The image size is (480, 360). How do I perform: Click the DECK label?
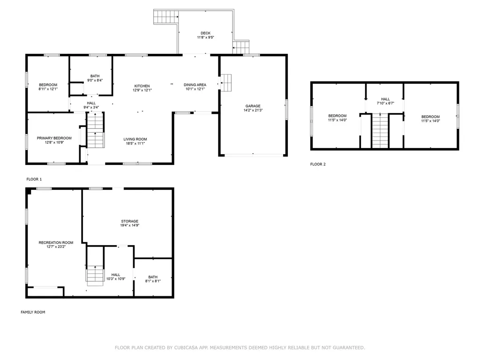click(x=205, y=33)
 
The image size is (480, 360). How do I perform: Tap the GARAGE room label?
click(x=253, y=106)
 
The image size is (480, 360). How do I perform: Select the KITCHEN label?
click(x=142, y=86)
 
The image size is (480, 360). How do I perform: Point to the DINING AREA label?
click(x=195, y=85)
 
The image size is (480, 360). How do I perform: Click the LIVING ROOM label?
click(x=135, y=139)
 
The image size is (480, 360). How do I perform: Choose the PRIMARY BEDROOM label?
click(x=54, y=138)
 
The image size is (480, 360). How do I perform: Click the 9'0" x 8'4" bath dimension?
click(x=95, y=80)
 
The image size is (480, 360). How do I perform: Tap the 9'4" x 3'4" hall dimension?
click(x=91, y=107)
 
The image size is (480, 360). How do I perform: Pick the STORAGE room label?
click(x=130, y=221)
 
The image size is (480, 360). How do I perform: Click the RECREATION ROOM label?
click(x=56, y=242)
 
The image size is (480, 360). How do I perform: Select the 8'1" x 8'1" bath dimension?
click(x=153, y=281)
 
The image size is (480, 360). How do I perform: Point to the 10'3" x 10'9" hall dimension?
click(x=116, y=279)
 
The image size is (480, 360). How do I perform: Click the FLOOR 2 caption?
click(x=318, y=164)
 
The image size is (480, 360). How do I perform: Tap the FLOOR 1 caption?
click(x=34, y=179)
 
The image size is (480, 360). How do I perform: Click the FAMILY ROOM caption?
click(x=33, y=312)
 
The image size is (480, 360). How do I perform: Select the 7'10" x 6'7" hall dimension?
click(x=385, y=104)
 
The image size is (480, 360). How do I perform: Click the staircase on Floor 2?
click(x=380, y=131)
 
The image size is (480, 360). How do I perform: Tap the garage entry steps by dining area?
click(x=226, y=82)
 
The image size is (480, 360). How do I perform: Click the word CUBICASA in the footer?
click(x=186, y=347)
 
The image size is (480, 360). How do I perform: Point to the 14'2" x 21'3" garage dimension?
click(x=253, y=110)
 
